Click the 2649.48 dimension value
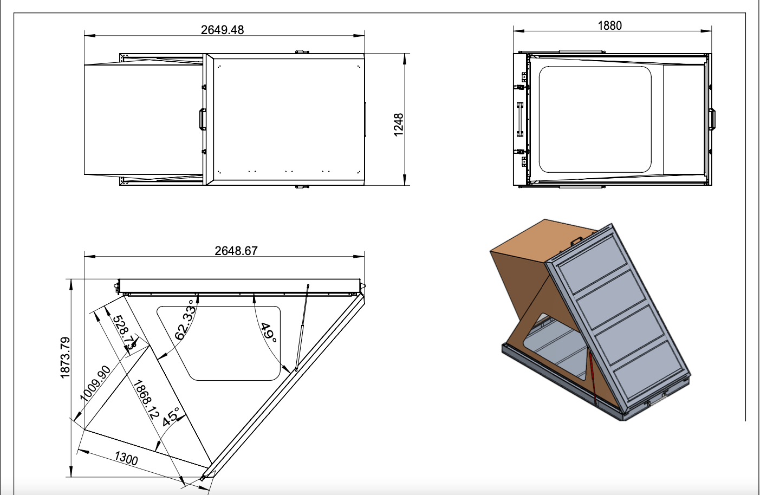click(x=222, y=30)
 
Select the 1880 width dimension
click(x=609, y=25)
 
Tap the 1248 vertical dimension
click(x=399, y=125)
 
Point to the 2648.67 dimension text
click(x=236, y=251)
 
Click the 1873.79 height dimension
click(x=66, y=357)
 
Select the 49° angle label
click(x=268, y=331)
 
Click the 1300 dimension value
click(x=126, y=458)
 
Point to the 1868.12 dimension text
click(x=146, y=400)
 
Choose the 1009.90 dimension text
click(x=95, y=383)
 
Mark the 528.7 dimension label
click(x=124, y=331)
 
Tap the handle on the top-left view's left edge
click(x=202, y=119)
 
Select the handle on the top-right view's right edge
click(x=712, y=119)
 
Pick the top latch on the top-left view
click(x=302, y=52)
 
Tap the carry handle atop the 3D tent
click(x=575, y=240)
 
